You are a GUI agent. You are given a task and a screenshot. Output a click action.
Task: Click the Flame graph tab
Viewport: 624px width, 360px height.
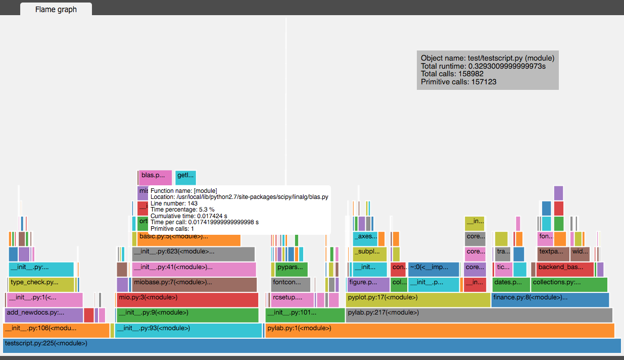coord(56,9)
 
